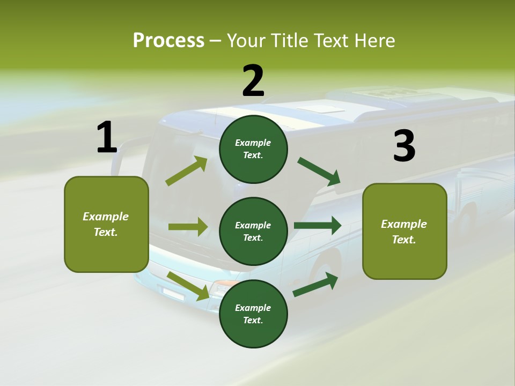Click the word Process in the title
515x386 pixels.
click(168, 41)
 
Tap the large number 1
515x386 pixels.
click(107, 138)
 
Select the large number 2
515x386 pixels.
click(253, 81)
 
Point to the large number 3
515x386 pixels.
click(404, 146)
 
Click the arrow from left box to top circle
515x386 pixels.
click(186, 171)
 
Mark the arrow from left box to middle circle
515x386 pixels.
click(188, 227)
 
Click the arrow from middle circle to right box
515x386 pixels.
click(318, 226)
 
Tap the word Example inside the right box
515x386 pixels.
click(404, 224)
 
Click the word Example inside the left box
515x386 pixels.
click(106, 217)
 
